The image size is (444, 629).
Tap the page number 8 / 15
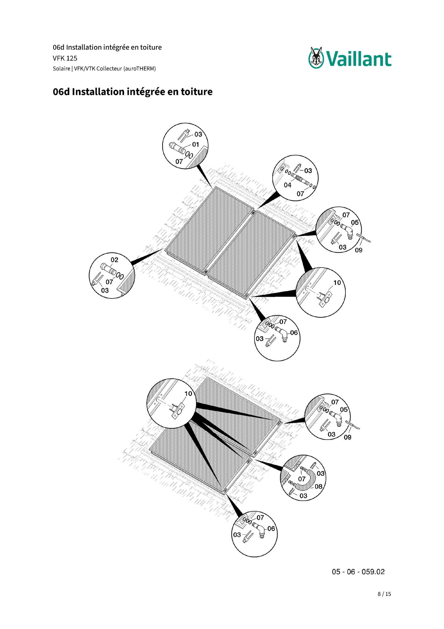(384, 594)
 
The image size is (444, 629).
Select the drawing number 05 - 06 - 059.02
(358, 572)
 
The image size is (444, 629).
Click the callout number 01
(196, 144)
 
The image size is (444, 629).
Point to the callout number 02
(114, 260)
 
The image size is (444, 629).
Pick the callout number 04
(287, 185)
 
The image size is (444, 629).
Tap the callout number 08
(319, 486)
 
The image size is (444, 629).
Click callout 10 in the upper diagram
(337, 283)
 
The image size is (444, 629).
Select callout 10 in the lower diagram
(188, 394)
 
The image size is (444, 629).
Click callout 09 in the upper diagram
(358, 250)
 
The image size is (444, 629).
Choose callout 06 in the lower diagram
(271, 528)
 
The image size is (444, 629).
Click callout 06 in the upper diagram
(294, 332)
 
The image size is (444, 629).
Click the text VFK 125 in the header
(65, 58)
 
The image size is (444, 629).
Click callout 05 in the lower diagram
(344, 409)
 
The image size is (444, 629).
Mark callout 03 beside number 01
(198, 134)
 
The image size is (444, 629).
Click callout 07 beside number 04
(300, 194)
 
